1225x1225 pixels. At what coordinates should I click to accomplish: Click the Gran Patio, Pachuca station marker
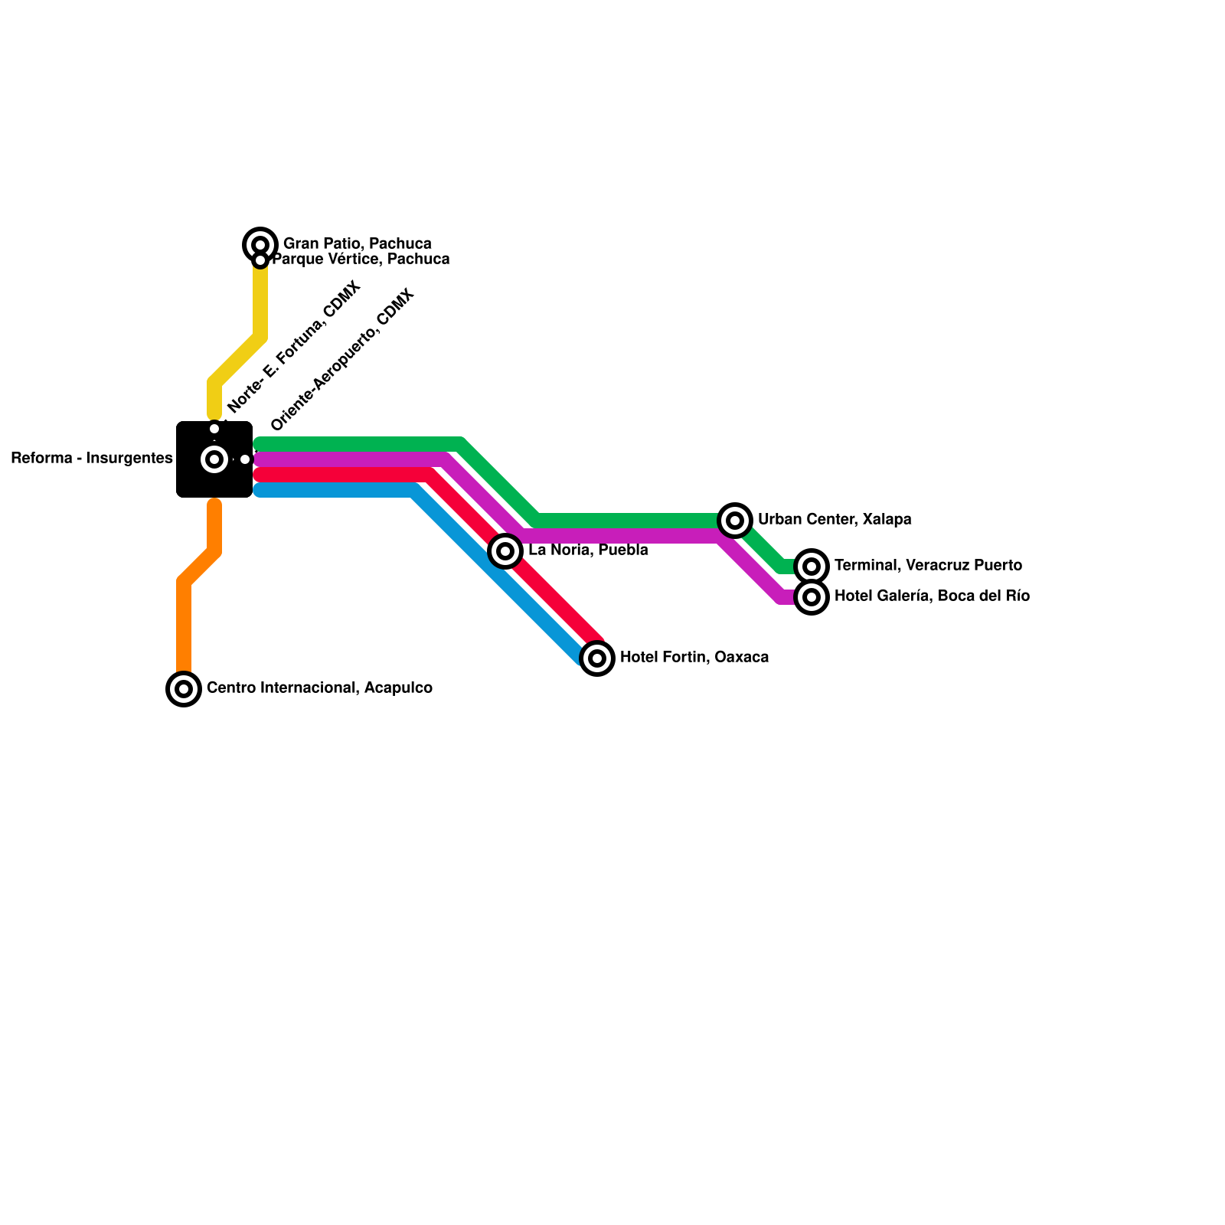[260, 244]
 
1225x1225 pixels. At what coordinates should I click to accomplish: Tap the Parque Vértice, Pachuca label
[361, 260]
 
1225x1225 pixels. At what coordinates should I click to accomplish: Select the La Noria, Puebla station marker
[505, 550]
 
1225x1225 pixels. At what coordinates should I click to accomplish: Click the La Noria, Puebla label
[588, 550]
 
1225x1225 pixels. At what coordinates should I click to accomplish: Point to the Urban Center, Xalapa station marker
[735, 521]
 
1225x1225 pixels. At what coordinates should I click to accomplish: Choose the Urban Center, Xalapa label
[835, 520]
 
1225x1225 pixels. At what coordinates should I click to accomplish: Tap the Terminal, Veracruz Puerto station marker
[812, 567]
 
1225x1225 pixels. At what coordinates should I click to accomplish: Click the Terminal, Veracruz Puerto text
[928, 566]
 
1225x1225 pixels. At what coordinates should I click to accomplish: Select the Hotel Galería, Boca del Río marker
[812, 597]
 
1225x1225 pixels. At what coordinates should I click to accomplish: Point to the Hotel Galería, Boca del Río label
[932, 596]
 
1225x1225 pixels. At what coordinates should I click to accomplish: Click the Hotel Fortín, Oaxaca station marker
[597, 658]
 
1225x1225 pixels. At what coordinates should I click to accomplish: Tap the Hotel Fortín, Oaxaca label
[694, 658]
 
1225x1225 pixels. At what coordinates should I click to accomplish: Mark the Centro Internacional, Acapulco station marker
[184, 689]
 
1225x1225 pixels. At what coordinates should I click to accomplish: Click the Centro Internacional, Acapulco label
[319, 688]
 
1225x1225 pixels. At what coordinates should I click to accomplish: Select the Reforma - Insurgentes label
[92, 459]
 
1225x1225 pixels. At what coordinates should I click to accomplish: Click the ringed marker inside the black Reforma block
[214, 459]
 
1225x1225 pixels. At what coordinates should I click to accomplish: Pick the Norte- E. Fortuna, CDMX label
[294, 348]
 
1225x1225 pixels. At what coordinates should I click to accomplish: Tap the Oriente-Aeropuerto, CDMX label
[343, 359]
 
